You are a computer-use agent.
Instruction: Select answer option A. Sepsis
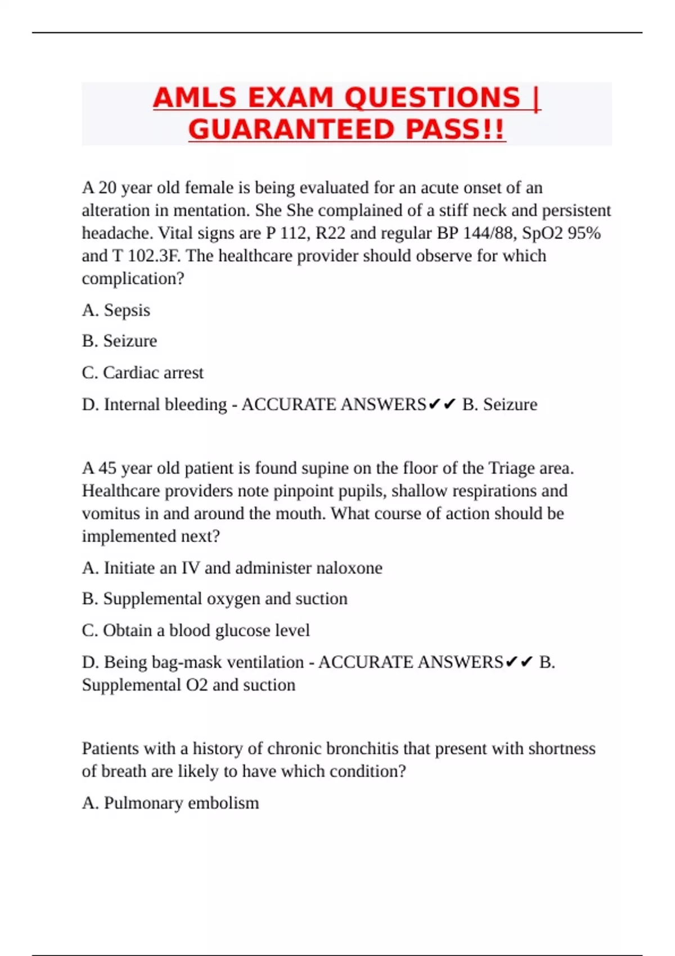116,310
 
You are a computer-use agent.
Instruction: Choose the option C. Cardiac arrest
142,372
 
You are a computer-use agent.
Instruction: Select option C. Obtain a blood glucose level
196,630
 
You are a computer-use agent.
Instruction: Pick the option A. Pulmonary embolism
170,802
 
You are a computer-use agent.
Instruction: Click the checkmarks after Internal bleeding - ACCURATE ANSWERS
442,404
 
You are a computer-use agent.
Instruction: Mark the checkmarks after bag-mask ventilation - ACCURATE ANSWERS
519,662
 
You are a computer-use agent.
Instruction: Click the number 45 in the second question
107,468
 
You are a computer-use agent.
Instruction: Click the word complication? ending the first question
133,278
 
